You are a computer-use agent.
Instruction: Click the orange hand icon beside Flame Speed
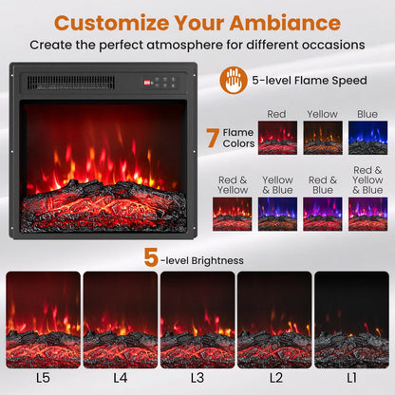(233, 80)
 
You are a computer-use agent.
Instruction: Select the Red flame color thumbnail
(276, 138)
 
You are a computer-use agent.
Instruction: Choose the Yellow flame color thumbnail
(322, 138)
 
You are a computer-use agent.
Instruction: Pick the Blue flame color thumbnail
(367, 138)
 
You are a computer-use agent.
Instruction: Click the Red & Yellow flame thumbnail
(232, 214)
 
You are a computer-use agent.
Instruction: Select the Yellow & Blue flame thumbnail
(277, 214)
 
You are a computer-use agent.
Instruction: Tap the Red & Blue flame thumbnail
(322, 214)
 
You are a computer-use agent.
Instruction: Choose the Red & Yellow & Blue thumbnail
(367, 214)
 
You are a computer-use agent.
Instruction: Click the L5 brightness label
(43, 378)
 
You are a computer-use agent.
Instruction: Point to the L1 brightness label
(351, 378)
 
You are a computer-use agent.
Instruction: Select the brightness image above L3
(197, 319)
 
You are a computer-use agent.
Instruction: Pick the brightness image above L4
(120, 319)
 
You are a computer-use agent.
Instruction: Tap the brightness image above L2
(273, 319)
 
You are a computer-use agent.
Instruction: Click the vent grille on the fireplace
(71, 83)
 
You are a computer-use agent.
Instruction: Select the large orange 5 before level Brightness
(151, 257)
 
